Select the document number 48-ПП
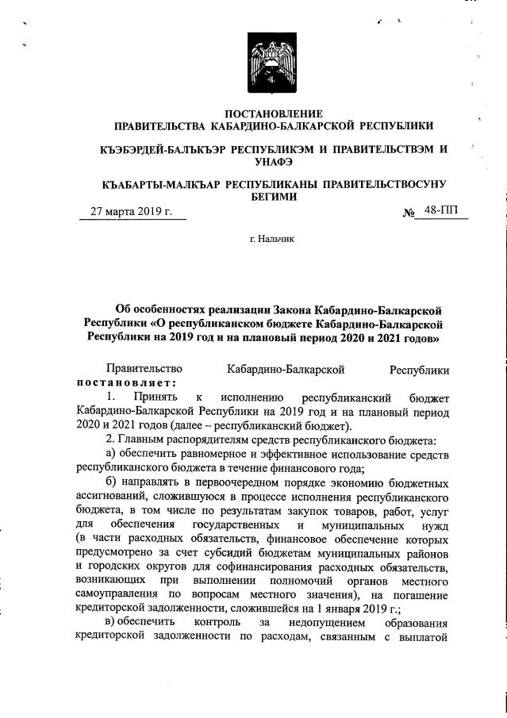click(x=441, y=211)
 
